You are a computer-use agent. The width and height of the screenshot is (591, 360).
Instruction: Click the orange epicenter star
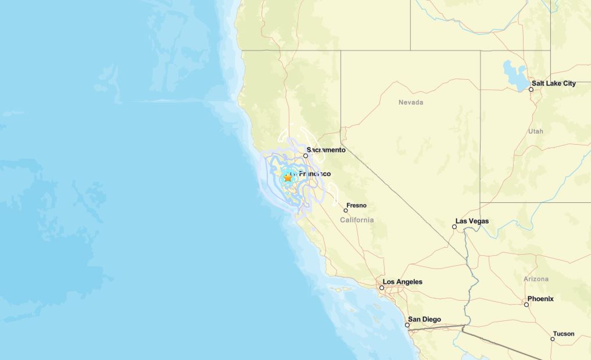point(288,177)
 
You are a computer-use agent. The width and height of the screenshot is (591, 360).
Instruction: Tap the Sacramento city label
point(326,150)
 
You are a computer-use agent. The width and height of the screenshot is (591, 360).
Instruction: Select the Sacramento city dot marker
point(306,156)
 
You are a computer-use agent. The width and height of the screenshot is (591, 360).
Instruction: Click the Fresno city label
point(356,205)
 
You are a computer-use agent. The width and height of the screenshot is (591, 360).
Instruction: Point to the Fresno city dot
point(346,211)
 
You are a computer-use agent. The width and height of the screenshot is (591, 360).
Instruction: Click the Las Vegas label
point(472,221)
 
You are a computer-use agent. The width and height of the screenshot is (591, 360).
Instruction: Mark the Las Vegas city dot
point(454,227)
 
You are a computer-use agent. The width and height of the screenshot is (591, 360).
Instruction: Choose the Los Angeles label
point(402,282)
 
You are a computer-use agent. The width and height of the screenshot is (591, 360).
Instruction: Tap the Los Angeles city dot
point(382,288)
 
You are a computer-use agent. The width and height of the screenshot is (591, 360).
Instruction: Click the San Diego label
point(424,319)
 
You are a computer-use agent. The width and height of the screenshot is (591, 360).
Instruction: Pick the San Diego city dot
point(407,325)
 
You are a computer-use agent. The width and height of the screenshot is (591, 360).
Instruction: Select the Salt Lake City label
point(553,83)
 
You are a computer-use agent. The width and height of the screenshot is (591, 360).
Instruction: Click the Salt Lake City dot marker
point(531,89)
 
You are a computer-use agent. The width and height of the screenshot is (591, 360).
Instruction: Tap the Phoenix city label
point(540,299)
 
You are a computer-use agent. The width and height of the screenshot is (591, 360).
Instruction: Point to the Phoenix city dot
point(526,305)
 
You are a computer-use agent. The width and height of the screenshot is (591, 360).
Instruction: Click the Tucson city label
point(564,334)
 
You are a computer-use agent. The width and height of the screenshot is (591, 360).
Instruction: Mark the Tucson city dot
point(553,339)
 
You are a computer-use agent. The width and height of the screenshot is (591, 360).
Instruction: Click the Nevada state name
point(411,102)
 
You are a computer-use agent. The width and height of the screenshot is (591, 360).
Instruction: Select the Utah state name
point(536,131)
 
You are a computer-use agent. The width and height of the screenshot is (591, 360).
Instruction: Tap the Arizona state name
point(536,279)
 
